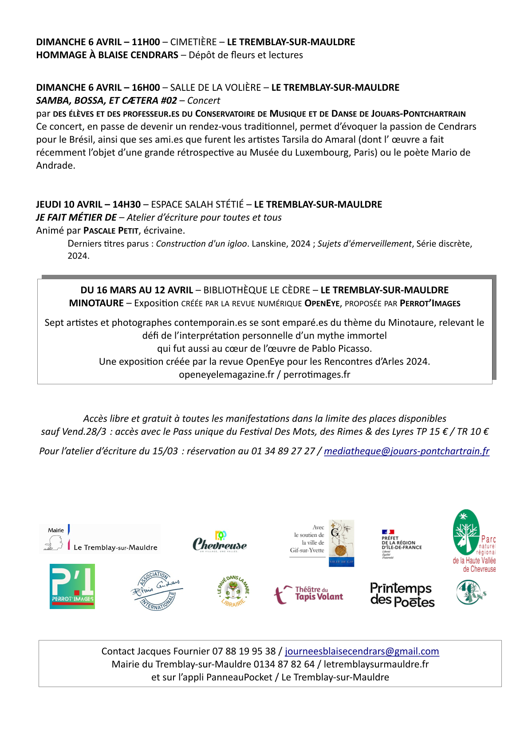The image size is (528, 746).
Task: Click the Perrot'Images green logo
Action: (72, 586)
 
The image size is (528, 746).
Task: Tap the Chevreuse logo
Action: (220, 542)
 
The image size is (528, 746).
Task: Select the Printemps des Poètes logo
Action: (402, 595)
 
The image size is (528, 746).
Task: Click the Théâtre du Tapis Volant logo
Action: (309, 594)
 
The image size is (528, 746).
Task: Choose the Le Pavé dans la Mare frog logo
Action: (233, 591)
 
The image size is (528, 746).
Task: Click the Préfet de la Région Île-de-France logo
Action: (401, 543)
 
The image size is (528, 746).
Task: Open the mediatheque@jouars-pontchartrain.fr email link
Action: (406, 451)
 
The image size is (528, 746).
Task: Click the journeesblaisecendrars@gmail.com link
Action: (362, 651)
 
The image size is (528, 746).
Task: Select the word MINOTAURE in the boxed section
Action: (96, 303)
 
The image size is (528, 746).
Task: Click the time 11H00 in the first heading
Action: (146, 42)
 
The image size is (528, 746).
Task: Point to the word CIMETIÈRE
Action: (193, 42)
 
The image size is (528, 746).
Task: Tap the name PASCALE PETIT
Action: (111, 230)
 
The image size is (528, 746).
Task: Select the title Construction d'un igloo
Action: (201, 244)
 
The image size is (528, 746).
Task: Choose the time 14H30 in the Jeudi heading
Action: (126, 204)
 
